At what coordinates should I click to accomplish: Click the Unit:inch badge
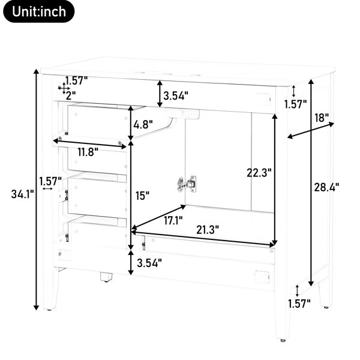39,11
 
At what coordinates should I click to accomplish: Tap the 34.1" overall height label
23,194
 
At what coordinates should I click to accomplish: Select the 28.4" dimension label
326,187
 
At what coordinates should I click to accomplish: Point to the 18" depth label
322,118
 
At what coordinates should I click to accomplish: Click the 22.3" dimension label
259,173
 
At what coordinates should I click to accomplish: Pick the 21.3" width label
208,230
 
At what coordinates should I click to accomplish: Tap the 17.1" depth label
173,221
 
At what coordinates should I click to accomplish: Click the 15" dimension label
142,196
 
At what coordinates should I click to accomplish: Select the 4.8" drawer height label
143,125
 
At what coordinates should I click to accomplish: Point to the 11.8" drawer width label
88,152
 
